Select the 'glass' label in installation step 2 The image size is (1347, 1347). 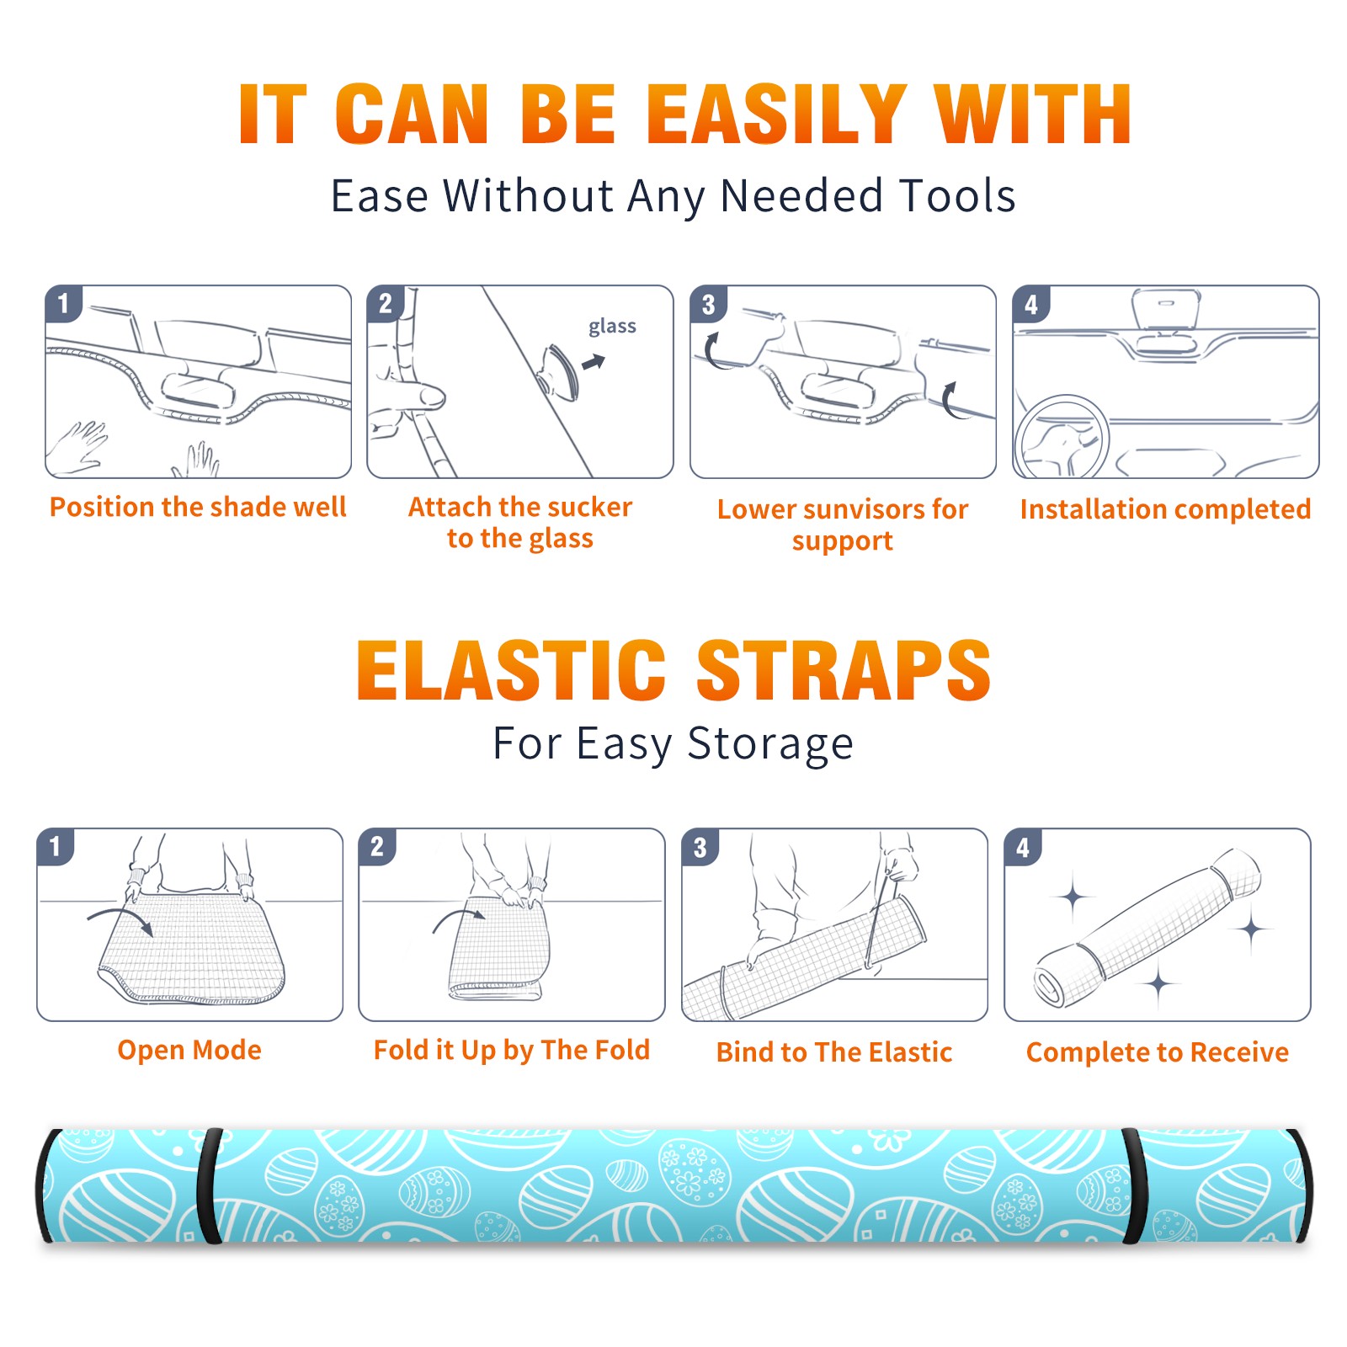pyautogui.click(x=612, y=327)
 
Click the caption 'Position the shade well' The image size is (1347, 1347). pyautogui.click(x=198, y=507)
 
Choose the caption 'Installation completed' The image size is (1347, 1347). pyautogui.click(x=1165, y=509)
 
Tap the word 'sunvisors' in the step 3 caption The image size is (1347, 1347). pyautogui.click(x=864, y=509)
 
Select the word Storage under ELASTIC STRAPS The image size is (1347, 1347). pyautogui.click(x=769, y=745)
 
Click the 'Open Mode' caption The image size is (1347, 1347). pyautogui.click(x=189, y=1050)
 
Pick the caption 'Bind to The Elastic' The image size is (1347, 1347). pyautogui.click(x=833, y=1052)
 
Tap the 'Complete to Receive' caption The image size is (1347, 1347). pyautogui.click(x=1158, y=1052)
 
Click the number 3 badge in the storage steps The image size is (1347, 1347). pyautogui.click(x=700, y=847)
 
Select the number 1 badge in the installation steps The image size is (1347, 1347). pyautogui.click(x=64, y=303)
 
